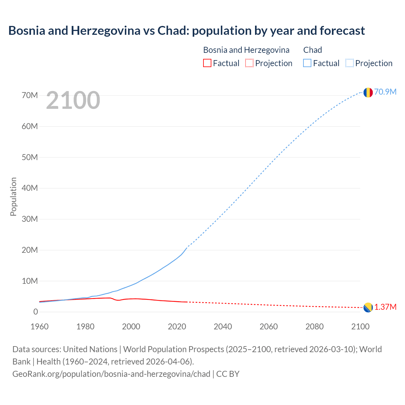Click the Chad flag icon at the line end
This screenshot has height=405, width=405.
click(x=368, y=92)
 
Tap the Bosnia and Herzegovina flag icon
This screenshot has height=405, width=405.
click(x=368, y=307)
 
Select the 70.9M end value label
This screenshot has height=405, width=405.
click(x=385, y=92)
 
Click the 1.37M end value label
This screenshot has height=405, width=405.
click(x=385, y=307)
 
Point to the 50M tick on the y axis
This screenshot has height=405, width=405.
click(x=30, y=157)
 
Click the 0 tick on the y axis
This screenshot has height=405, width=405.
click(x=35, y=312)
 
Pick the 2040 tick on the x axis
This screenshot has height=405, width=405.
click(x=223, y=327)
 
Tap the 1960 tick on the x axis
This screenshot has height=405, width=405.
click(x=40, y=327)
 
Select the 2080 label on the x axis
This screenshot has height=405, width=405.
click(x=315, y=327)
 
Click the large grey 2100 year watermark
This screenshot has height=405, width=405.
click(x=73, y=100)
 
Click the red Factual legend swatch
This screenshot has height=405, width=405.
click(x=207, y=63)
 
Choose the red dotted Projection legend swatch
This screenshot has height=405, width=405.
click(x=249, y=63)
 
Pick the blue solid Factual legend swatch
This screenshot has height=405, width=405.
click(x=307, y=63)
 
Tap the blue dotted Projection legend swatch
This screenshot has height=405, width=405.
click(x=349, y=63)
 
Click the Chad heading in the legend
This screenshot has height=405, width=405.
click(x=313, y=50)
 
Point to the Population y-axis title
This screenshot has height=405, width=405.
click(x=13, y=196)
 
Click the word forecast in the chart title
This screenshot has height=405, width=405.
click(x=342, y=30)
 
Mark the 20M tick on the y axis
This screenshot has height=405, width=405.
click(x=30, y=250)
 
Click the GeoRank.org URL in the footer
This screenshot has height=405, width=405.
click(x=111, y=374)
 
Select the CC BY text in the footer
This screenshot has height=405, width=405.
click(x=228, y=374)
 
